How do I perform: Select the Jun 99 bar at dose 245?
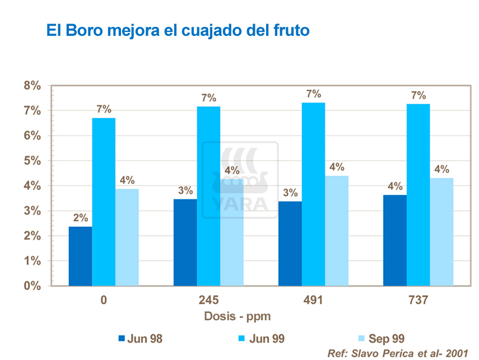coord(208,196)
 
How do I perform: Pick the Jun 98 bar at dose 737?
coord(394,240)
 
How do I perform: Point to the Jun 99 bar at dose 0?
coord(104,202)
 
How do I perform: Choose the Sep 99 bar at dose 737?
coord(441,232)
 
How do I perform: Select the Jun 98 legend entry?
coord(141,338)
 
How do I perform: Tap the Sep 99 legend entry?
coord(381,338)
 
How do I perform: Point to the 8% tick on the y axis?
coord(32,86)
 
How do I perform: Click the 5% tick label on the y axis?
coord(32,161)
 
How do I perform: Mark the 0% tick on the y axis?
coord(32,286)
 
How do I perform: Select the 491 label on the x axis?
coord(313,300)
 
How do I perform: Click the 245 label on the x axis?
coord(208,300)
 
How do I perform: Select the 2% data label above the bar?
coord(80,218)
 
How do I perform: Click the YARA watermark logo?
coord(240,179)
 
